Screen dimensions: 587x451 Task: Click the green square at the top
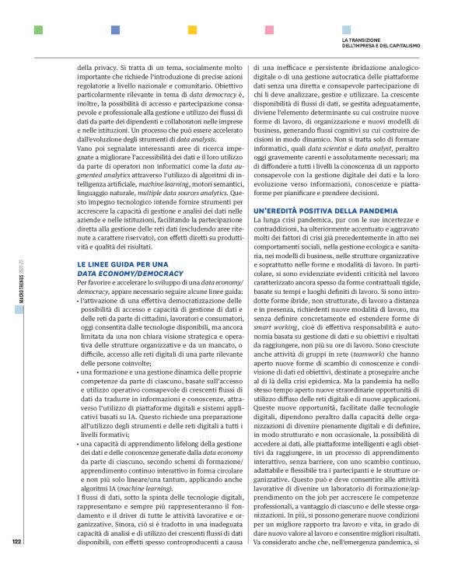38,30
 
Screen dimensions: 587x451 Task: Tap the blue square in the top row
115,30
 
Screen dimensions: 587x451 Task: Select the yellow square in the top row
192,30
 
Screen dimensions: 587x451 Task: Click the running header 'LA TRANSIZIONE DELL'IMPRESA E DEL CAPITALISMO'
381,42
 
